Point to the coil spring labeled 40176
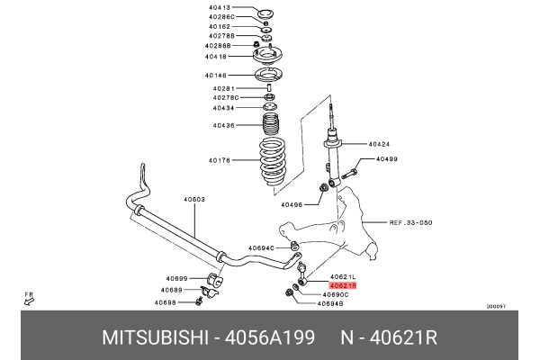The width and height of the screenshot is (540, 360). pyautogui.click(x=271, y=161)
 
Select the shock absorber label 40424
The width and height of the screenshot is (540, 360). pyautogui.click(x=381, y=143)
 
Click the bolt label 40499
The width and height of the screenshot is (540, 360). pyautogui.click(x=387, y=159)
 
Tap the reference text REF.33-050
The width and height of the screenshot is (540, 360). pyautogui.click(x=411, y=221)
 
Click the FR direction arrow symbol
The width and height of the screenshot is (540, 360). pyautogui.click(x=30, y=301)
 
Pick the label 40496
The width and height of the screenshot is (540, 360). pyautogui.click(x=294, y=204)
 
